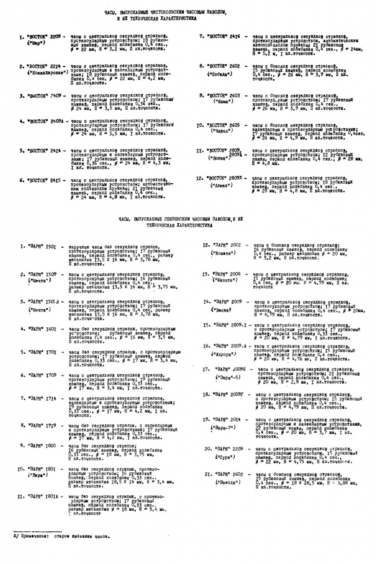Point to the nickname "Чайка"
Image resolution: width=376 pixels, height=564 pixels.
point(222,131)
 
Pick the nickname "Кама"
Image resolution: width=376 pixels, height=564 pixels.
point(222,101)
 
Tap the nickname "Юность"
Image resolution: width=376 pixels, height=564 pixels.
point(224,280)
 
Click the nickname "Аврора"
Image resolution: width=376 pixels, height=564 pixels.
point(223,354)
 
